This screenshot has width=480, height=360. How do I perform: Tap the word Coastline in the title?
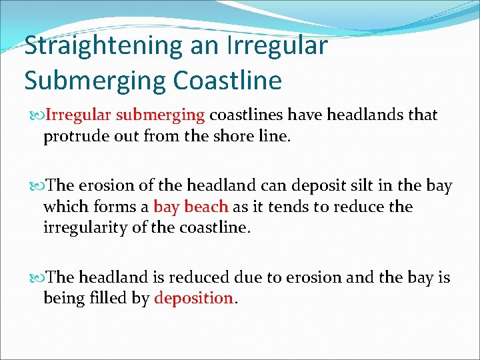(227, 80)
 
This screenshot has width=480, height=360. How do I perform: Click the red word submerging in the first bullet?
(161, 115)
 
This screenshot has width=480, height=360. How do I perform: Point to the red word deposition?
(193, 298)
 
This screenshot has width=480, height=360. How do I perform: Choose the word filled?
(109, 298)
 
